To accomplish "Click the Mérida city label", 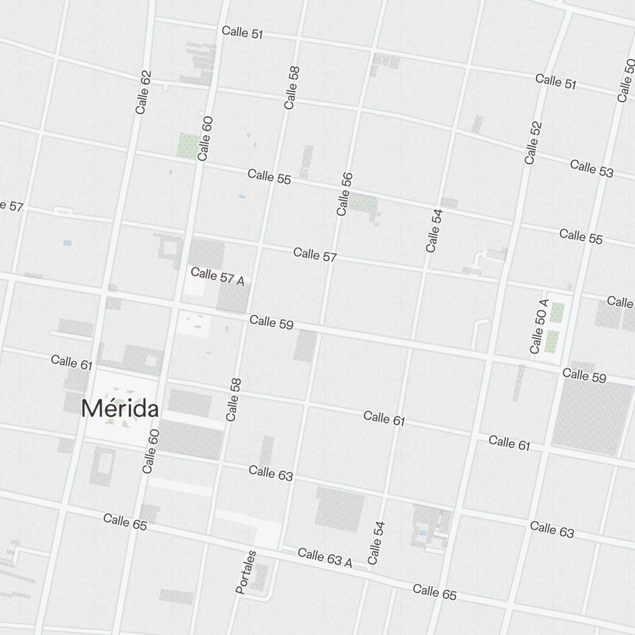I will pos(120,409).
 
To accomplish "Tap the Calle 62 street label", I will pos(144,92).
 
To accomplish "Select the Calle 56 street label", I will pos(344,194).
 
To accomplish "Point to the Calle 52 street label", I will pos(533,143).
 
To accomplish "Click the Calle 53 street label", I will pos(592,168).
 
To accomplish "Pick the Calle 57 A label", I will pos(217,276).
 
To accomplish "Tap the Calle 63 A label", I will pos(324,558).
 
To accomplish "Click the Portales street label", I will pos(246,572).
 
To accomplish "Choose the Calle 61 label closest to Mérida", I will pos(72,362).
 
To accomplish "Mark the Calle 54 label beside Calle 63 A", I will pos(377,543).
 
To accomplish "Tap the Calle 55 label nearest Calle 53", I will pos(581,236).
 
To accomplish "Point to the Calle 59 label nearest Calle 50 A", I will pos(584,375).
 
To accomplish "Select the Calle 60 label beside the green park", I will pos(204,138).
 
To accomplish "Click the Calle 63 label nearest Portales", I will pos(271,472).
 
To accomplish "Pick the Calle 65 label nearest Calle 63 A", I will pos(434,592).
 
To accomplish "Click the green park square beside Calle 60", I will pos(187,145).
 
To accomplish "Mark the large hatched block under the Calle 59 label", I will pos(592,416).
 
